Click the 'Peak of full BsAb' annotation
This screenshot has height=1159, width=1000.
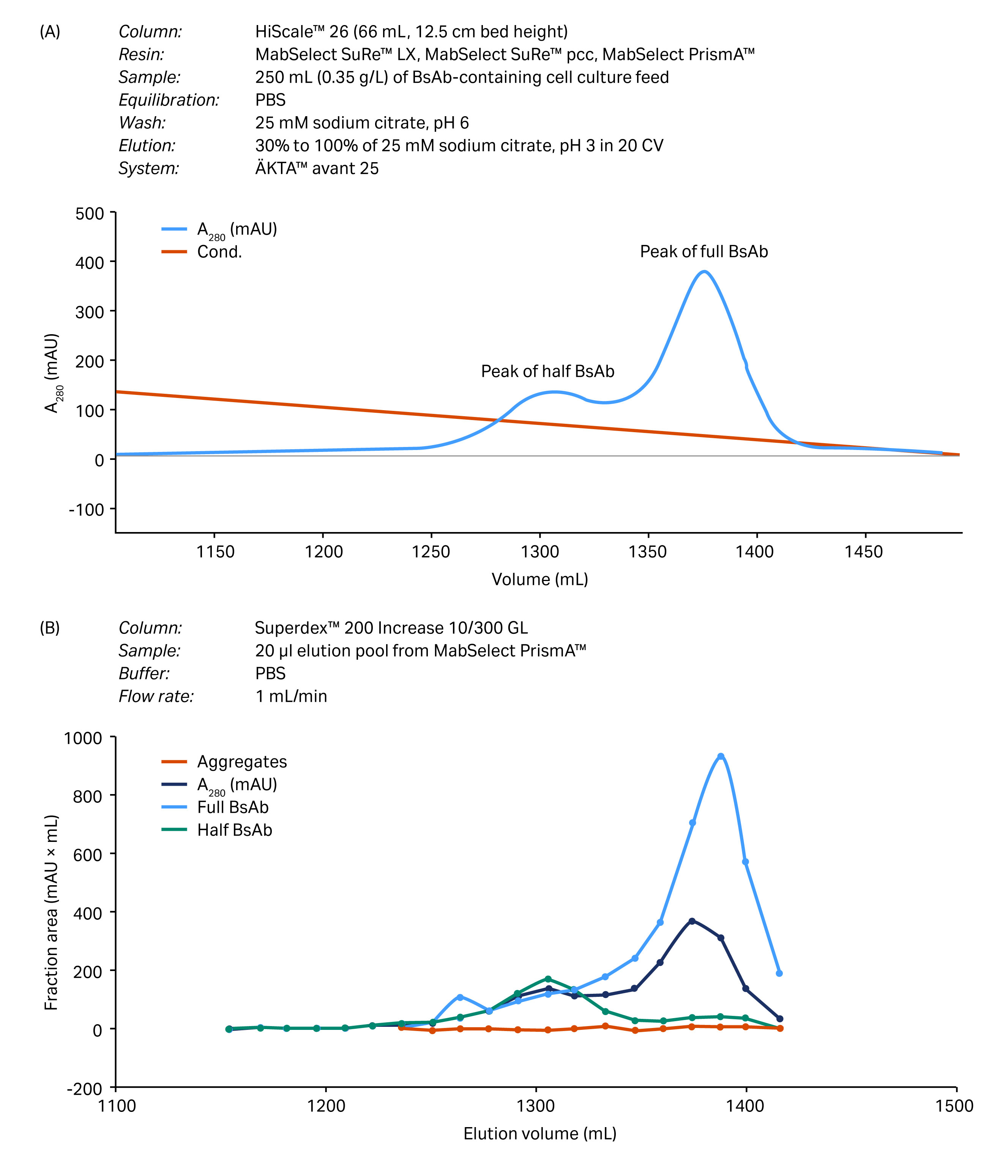coord(703,252)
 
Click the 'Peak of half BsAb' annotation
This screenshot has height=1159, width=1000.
coord(547,371)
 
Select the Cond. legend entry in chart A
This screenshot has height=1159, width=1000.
coord(219,252)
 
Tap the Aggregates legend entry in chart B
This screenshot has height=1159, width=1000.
coord(241,762)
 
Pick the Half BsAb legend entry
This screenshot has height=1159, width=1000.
coord(234,830)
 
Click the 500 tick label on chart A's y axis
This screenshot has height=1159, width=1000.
coord(90,214)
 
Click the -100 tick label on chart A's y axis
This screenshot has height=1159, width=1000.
coord(86,510)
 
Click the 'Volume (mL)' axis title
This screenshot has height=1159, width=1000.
coord(540,579)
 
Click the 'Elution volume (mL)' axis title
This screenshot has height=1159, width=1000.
coord(540,1134)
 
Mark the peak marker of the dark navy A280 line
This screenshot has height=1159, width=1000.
coord(692,921)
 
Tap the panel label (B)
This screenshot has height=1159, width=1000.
coord(49,628)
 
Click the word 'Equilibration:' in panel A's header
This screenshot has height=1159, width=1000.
coord(169,100)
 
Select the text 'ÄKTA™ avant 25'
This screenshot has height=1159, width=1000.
coord(317,168)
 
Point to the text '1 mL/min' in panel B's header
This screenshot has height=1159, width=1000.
coord(291,696)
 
